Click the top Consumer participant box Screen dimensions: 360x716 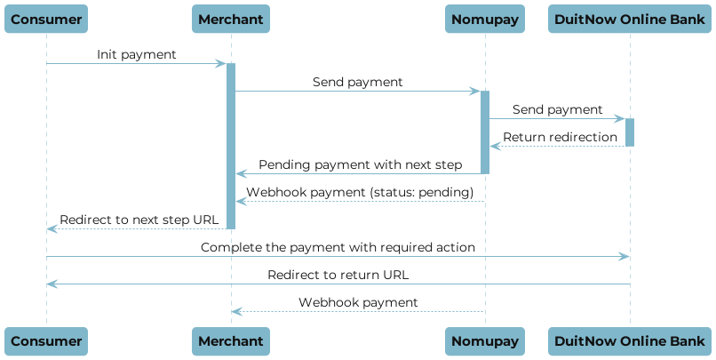coord(47,19)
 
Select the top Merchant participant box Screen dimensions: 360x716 coord(231,19)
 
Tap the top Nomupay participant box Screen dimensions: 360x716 coord(485,19)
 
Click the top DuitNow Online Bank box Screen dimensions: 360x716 coord(630,19)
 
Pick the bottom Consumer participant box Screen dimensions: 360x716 coord(47,340)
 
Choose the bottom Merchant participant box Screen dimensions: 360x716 coord(231,340)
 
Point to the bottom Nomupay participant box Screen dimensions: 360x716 coord(485,340)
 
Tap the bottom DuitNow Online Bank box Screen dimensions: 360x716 coord(630,340)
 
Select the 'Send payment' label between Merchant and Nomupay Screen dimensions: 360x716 coord(357,82)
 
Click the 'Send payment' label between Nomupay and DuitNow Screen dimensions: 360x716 coord(557,109)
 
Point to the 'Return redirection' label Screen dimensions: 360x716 coord(560,137)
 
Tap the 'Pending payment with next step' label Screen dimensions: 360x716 coord(360,164)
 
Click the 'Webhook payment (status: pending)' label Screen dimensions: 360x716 coord(360,192)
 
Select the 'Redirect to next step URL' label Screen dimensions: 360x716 coord(139,220)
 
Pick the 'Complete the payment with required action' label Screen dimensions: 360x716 coord(338,247)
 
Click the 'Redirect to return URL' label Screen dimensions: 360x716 coord(338,275)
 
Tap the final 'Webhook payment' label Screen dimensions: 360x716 coord(357,302)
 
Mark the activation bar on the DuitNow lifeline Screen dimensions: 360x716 coord(630,132)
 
